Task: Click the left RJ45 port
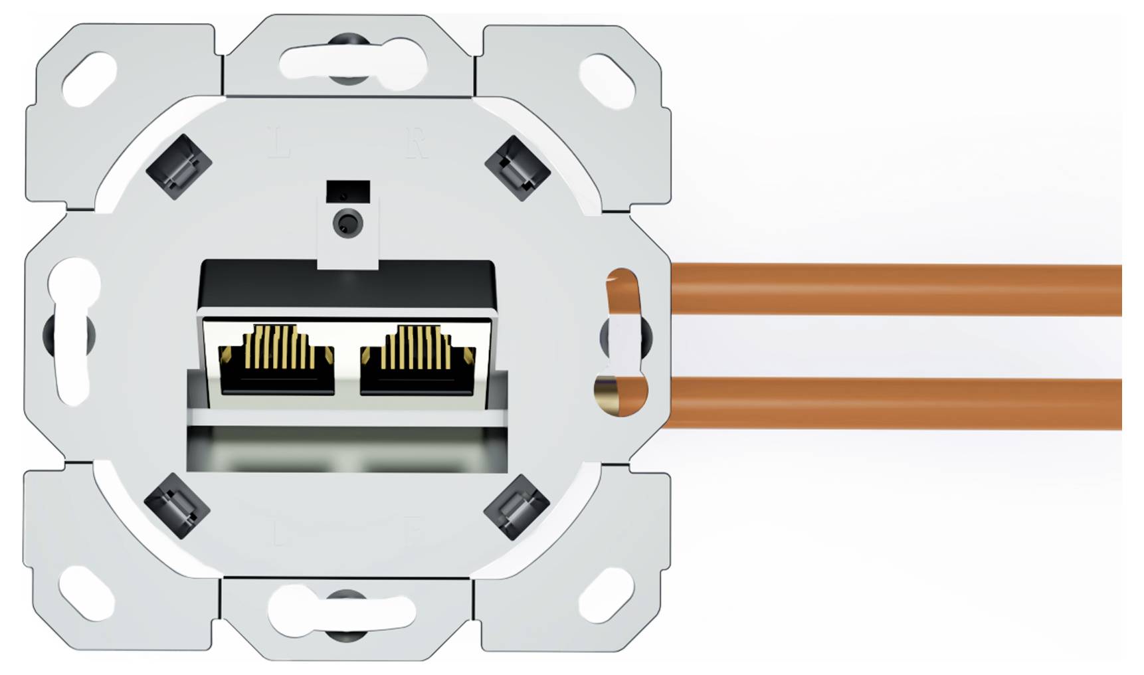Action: tap(276, 362)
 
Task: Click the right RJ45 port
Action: tap(418, 362)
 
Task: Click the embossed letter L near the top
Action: tap(280, 143)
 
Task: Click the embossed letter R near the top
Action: tap(417, 143)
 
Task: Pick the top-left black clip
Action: tap(178, 166)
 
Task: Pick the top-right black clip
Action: tap(518, 168)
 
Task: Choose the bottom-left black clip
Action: tap(177, 506)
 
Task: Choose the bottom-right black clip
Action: tap(516, 507)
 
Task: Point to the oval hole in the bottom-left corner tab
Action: tap(87, 591)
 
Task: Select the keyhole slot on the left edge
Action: tap(74, 332)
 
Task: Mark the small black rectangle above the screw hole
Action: tap(348, 191)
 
